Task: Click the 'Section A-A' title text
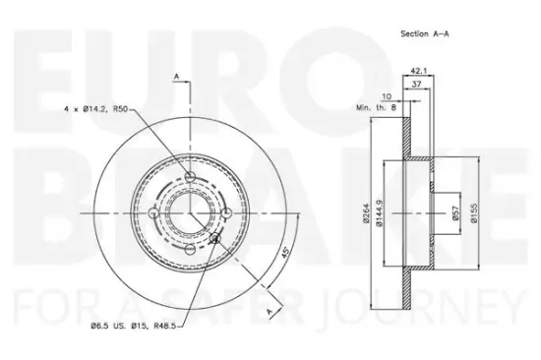[424, 33]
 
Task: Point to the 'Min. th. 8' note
[375, 109]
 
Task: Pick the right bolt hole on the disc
[225, 211]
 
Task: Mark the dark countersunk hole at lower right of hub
[215, 236]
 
